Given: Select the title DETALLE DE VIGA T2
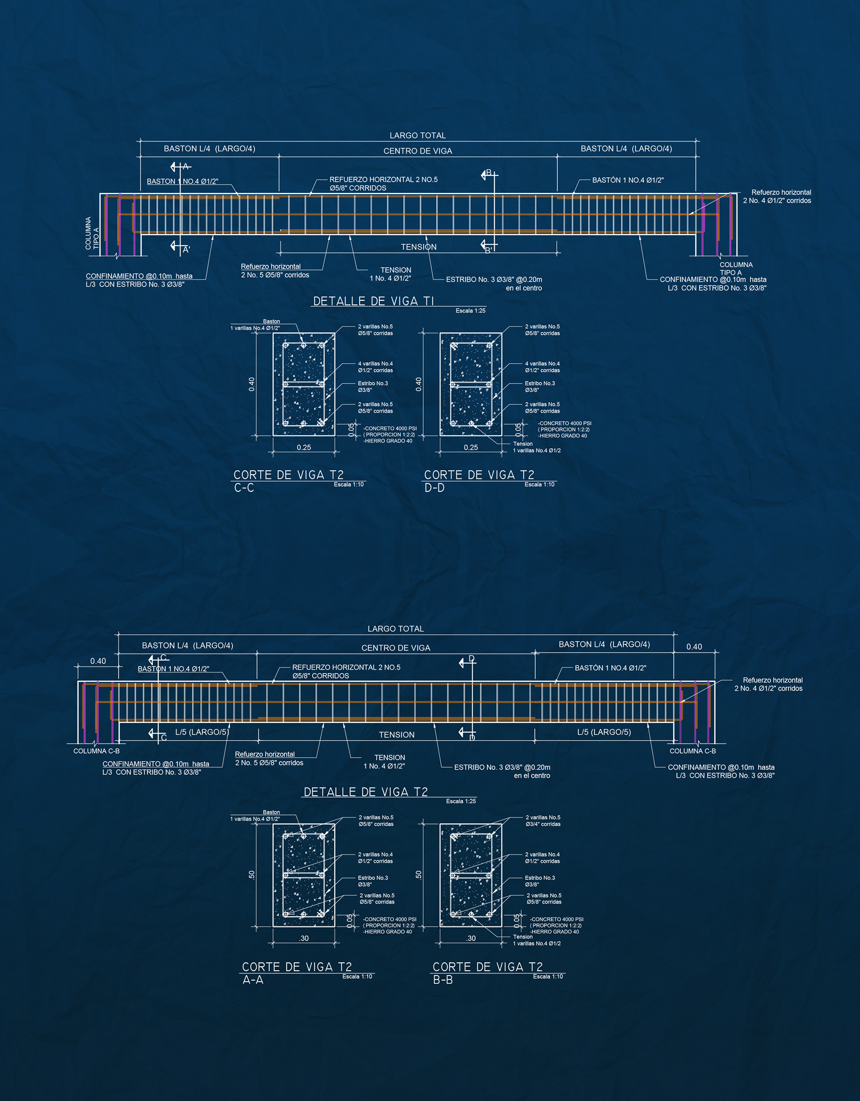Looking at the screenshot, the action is (x=365, y=792).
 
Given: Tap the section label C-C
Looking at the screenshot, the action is (x=244, y=488).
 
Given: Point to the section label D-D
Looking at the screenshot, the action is (x=434, y=488).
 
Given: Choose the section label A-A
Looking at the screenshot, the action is (x=253, y=980).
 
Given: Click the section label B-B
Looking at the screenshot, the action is (x=443, y=980).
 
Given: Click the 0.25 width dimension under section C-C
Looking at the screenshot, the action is (x=304, y=447).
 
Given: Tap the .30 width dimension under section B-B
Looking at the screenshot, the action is (x=471, y=938).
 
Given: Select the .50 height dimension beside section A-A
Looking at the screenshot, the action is (x=251, y=875).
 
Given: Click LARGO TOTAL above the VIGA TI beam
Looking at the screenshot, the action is (x=417, y=136).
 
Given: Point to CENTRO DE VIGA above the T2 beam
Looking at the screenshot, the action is (x=396, y=648).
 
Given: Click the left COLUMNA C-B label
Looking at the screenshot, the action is (x=96, y=751).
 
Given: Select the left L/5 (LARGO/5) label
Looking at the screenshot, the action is (x=202, y=732).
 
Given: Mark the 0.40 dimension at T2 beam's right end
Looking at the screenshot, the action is (x=694, y=647).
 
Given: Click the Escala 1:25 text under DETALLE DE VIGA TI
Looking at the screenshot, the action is (x=470, y=311).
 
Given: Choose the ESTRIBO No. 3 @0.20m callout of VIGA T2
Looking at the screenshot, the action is (x=502, y=771).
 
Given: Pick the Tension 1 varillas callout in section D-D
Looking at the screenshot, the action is (x=536, y=447).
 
